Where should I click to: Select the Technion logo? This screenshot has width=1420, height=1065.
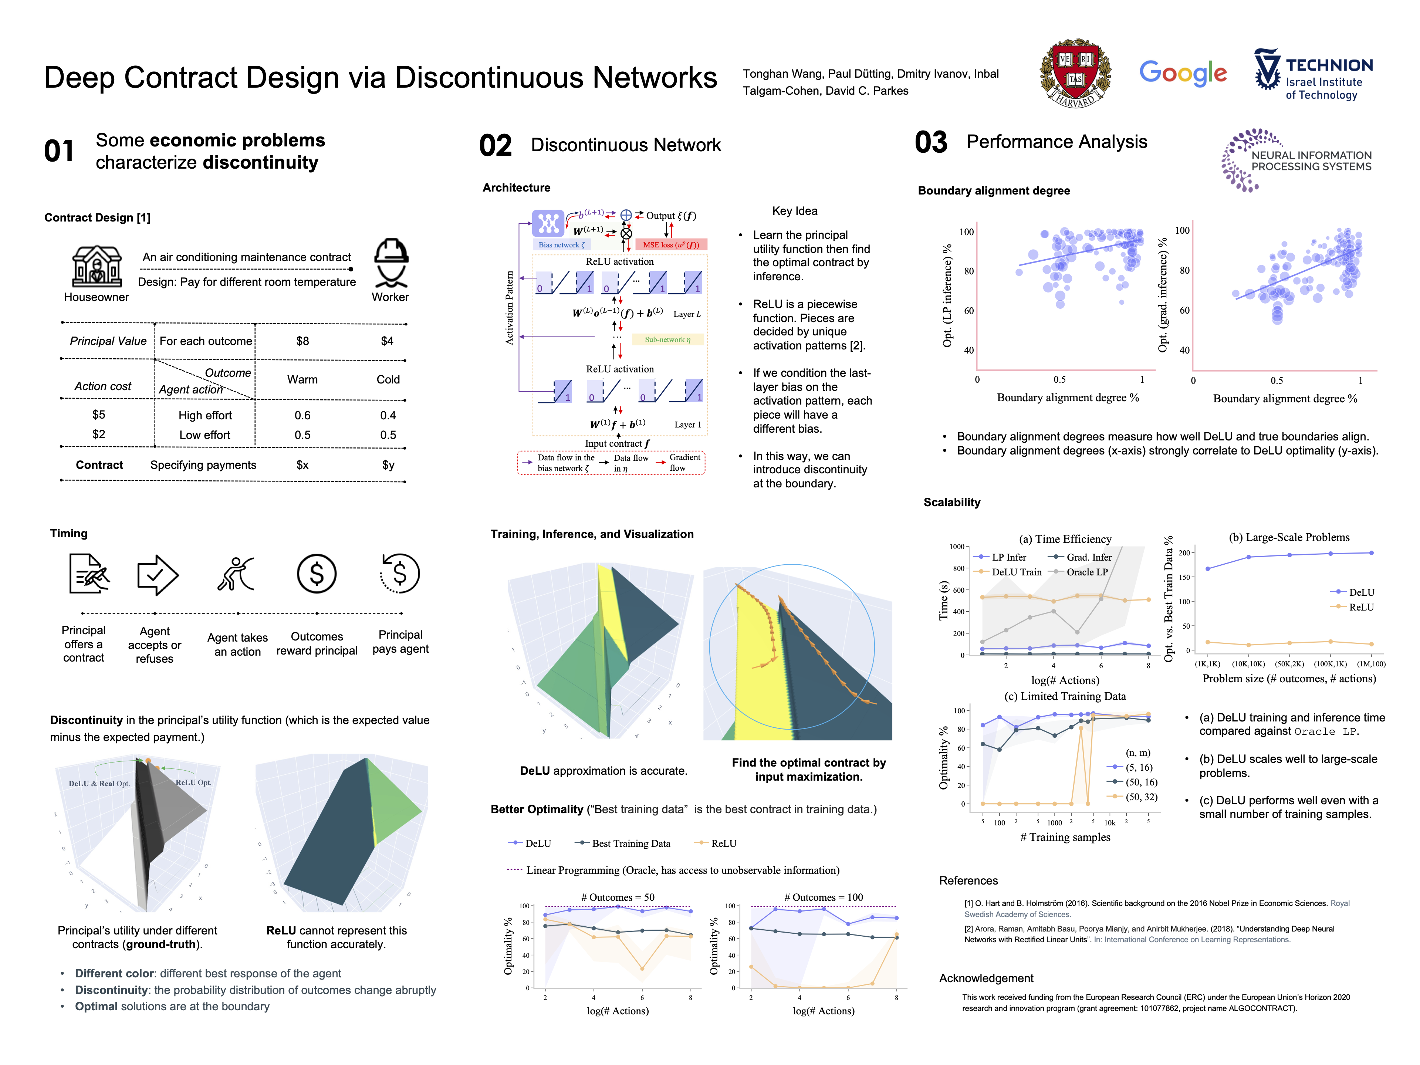(1313, 75)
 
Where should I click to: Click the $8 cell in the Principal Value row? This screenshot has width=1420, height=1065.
(302, 341)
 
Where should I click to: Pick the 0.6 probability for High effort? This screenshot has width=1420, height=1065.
(302, 415)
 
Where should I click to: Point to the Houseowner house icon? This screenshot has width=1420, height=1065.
(96, 266)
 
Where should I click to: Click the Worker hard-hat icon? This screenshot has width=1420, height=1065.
(391, 263)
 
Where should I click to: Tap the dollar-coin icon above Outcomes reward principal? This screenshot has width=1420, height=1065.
(317, 573)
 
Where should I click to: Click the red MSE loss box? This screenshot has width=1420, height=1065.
(671, 244)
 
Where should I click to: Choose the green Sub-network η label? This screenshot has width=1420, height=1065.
(667, 339)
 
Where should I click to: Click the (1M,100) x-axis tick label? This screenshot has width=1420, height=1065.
(1370, 664)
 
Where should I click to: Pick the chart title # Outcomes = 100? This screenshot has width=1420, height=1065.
(823, 897)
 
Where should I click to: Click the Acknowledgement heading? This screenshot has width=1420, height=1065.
(986, 978)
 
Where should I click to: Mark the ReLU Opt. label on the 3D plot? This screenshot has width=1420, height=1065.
(193, 782)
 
